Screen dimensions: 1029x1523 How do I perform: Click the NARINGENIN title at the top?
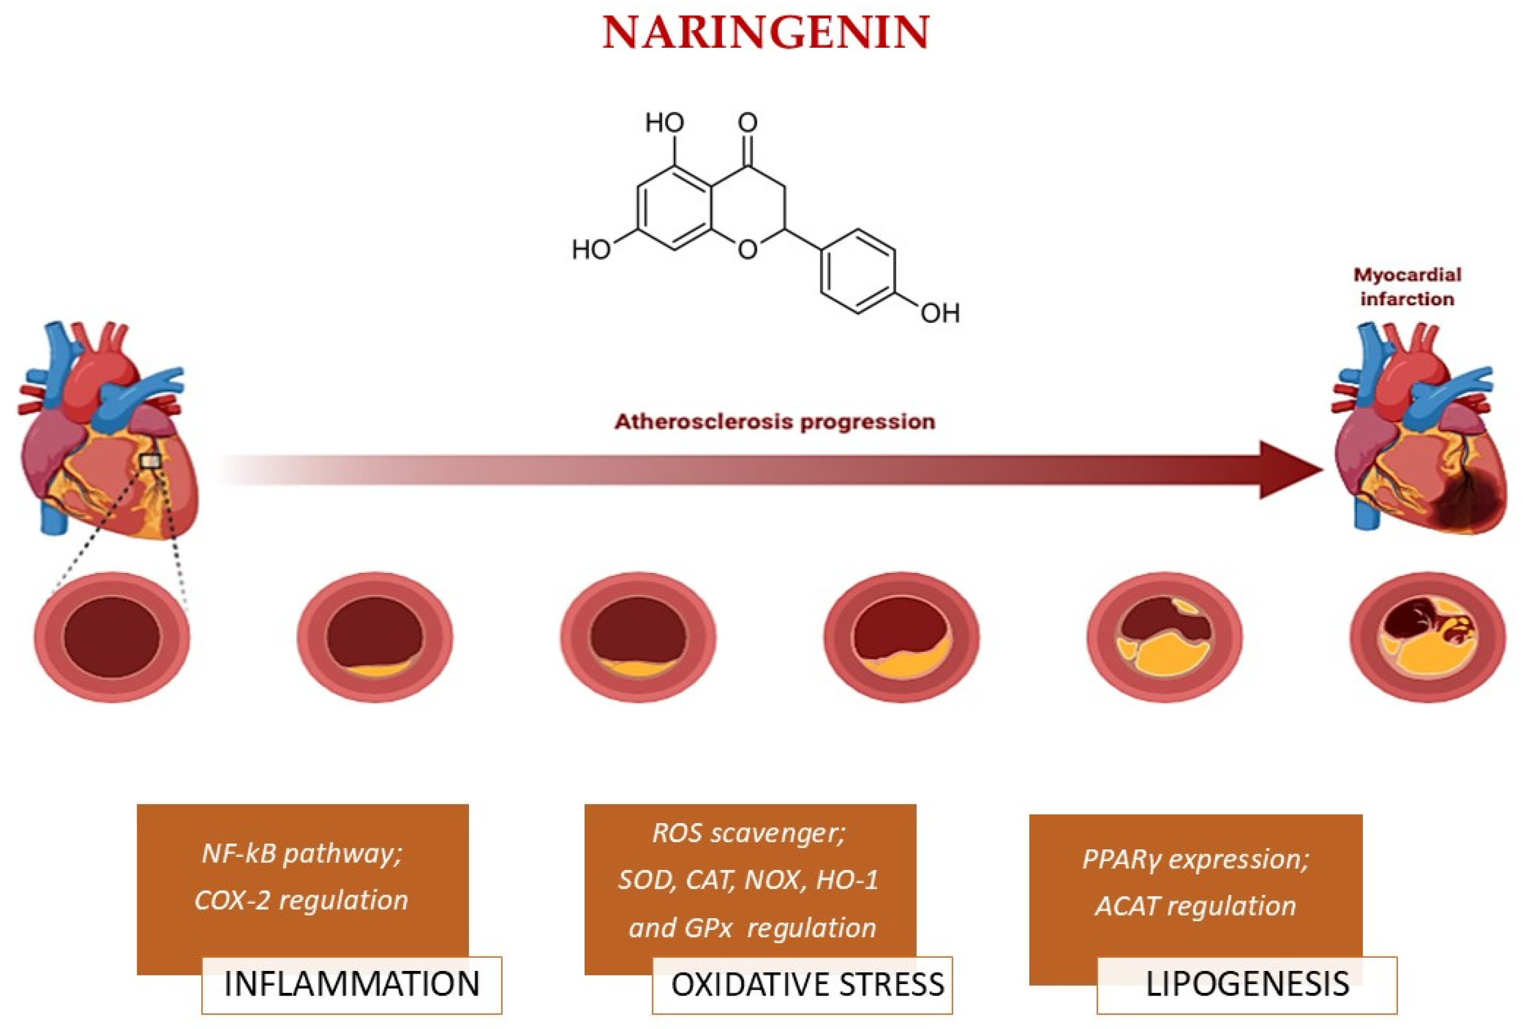765,33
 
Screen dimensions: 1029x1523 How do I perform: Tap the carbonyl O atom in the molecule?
748,123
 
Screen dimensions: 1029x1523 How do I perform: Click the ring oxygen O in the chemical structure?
748,249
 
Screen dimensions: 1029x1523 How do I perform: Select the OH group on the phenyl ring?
940,313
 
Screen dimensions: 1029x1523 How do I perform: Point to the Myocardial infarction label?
1407,287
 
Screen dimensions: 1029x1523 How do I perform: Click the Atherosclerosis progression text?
774,421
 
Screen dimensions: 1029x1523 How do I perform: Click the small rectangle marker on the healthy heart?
151,461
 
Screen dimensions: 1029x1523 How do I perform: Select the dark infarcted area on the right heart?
1465,508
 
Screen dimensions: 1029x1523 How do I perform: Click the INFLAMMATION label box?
351,985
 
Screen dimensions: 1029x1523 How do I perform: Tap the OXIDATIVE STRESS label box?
801,985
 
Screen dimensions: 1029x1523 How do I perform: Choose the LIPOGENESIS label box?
1246,985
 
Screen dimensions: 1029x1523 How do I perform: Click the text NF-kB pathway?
301,854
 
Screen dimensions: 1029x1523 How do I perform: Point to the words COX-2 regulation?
301,900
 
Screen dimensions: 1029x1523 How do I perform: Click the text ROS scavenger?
749,833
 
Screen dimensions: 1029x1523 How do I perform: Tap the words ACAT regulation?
1195,906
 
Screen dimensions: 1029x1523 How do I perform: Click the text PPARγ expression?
1195,859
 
